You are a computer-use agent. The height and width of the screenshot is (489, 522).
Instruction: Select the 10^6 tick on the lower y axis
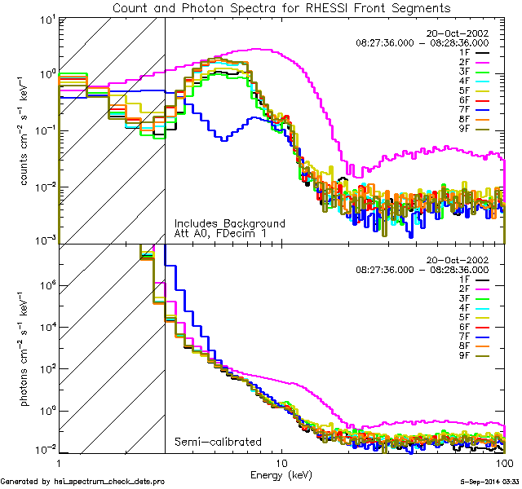pyautogui.click(x=46, y=286)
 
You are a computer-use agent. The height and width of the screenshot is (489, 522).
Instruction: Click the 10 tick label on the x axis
pyautogui.click(x=281, y=461)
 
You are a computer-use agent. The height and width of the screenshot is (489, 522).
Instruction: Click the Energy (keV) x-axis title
pyautogui.click(x=281, y=474)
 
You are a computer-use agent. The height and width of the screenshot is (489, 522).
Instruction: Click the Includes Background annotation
pyautogui.click(x=229, y=223)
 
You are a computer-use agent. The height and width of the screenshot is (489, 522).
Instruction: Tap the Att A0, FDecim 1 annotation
pyautogui.click(x=219, y=233)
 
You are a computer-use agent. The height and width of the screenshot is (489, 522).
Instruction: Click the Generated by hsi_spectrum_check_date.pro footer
pyautogui.click(x=82, y=482)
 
